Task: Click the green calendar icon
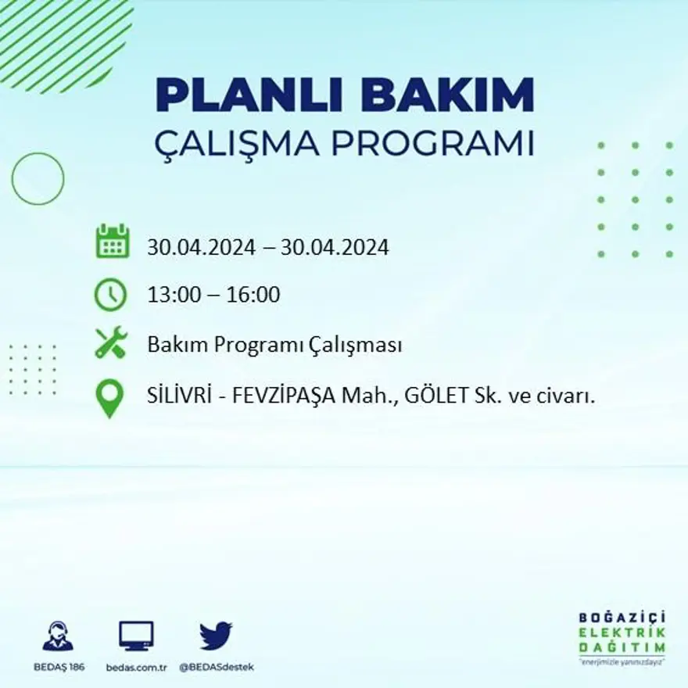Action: coord(112,242)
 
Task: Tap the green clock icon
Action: coord(110,295)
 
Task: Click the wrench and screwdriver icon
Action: coord(110,343)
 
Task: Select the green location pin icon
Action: coord(109,397)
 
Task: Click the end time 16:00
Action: coord(253,296)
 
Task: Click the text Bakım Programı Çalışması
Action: coord(274,345)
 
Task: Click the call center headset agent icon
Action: coord(58,636)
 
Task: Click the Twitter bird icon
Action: coord(216,636)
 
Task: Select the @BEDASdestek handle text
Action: coord(217,667)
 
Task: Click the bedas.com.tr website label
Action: coord(137,667)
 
